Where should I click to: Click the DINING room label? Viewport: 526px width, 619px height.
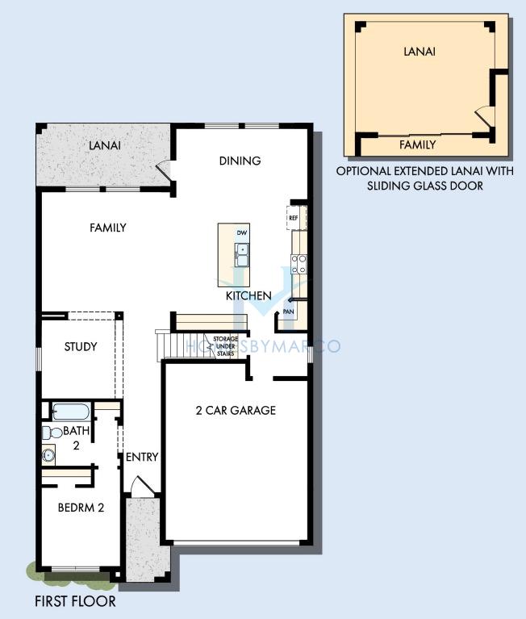(x=240, y=161)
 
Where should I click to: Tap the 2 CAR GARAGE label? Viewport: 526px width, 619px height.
(x=236, y=411)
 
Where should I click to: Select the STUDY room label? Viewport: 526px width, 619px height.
(x=81, y=346)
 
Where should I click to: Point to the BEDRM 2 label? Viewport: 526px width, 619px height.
(x=81, y=508)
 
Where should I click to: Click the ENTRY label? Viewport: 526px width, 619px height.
(x=142, y=457)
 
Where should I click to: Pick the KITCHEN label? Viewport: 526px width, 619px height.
(x=248, y=295)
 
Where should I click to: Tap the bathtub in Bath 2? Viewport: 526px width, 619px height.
(x=71, y=412)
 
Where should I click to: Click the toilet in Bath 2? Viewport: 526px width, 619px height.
(x=52, y=433)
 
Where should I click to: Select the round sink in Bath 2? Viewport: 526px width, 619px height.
(x=48, y=455)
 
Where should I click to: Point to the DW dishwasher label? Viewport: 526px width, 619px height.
(x=242, y=233)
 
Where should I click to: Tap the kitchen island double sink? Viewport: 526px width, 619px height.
(x=241, y=255)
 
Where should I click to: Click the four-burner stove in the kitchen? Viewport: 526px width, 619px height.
(x=298, y=264)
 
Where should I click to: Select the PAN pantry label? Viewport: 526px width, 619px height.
(x=289, y=312)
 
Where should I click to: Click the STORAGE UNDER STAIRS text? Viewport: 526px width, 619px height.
(x=226, y=346)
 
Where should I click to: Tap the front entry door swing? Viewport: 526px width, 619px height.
(x=143, y=484)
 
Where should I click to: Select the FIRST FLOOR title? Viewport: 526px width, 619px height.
(x=75, y=601)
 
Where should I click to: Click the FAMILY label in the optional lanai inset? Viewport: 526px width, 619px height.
(x=417, y=145)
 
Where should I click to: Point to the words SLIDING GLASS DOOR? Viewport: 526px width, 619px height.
(x=425, y=186)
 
